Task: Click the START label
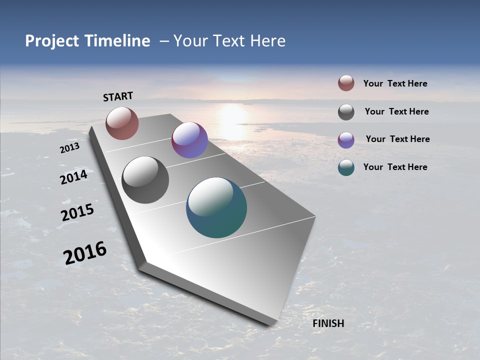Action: pos(118,96)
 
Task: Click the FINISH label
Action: pos(328,323)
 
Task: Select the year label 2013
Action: pos(69,148)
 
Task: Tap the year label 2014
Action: pos(74,177)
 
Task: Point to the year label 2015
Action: pos(77,212)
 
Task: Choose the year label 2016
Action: pos(85,253)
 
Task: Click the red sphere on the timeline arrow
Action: pos(122,123)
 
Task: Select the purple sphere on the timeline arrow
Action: pos(189,140)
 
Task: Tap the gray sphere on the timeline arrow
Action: pos(145,180)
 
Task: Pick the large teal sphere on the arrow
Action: pos(216,207)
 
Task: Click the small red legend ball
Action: pos(346,83)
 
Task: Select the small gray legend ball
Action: pos(346,112)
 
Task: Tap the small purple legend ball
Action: pos(346,139)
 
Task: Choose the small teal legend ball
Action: pos(346,167)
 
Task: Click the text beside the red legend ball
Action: pos(395,83)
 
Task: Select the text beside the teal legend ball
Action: pos(395,167)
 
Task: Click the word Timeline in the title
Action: pos(117,41)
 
